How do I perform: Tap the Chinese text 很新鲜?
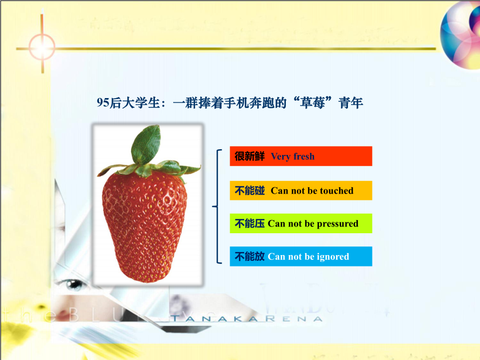click(x=249, y=157)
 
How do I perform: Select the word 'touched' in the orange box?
click(x=337, y=191)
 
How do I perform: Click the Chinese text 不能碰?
click(x=249, y=191)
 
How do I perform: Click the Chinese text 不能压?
click(x=249, y=224)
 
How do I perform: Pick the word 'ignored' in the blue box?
click(x=330, y=257)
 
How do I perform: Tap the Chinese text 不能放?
click(x=249, y=257)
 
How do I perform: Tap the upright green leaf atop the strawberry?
click(x=146, y=144)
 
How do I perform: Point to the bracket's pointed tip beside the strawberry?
click(x=213, y=206)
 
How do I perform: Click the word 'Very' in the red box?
click(x=281, y=157)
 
